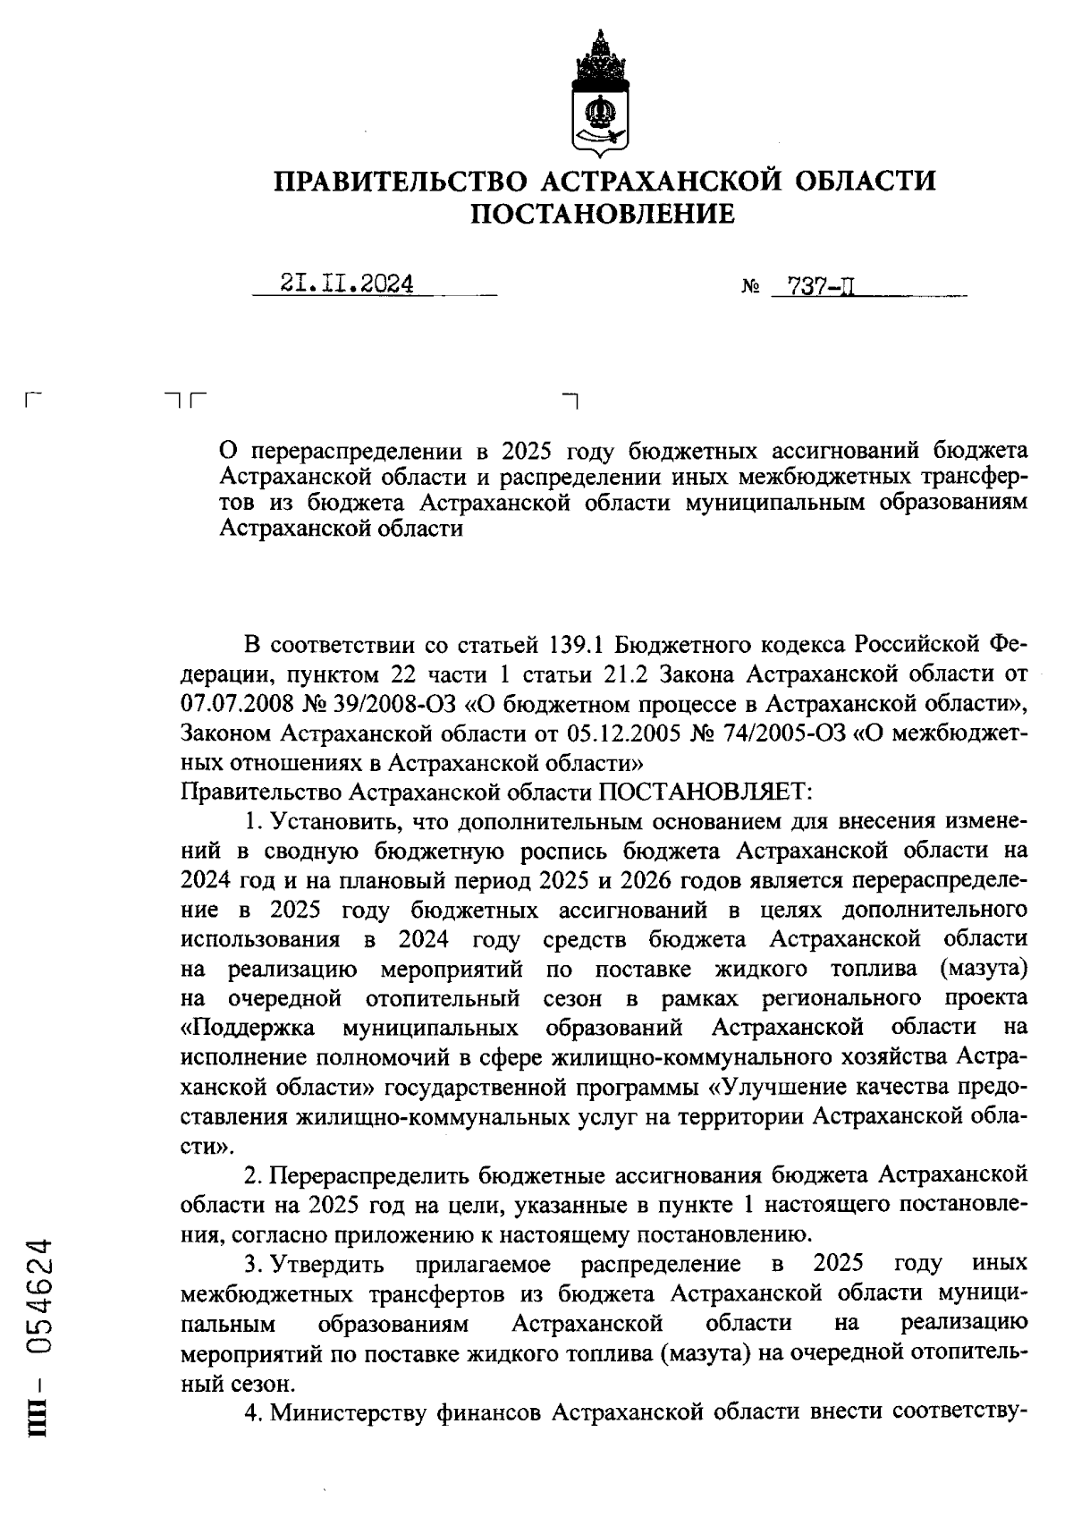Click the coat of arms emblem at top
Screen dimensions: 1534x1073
[600, 92]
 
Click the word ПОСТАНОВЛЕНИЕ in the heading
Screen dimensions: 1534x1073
[603, 214]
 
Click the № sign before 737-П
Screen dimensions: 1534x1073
[750, 289]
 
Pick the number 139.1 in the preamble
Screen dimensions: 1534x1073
[575, 645]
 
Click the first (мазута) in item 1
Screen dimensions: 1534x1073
[981, 969]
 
